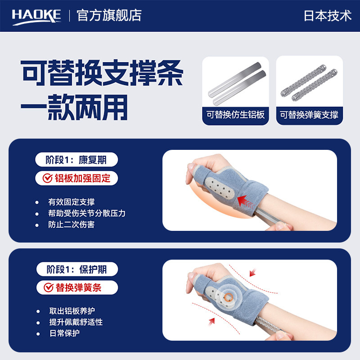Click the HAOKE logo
coord(36,15)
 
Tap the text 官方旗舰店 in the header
coord(109,15)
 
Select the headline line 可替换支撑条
coord(103,73)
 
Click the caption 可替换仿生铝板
coord(235,115)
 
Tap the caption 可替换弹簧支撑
coord(309,115)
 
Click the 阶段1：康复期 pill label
coord(77,160)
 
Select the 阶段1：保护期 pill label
coord(77,270)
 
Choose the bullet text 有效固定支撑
coord(71,202)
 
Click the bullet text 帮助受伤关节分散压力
coord(86,213)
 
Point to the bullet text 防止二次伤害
coord(71,225)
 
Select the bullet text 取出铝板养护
coord(71,311)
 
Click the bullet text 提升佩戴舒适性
coord(76,323)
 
